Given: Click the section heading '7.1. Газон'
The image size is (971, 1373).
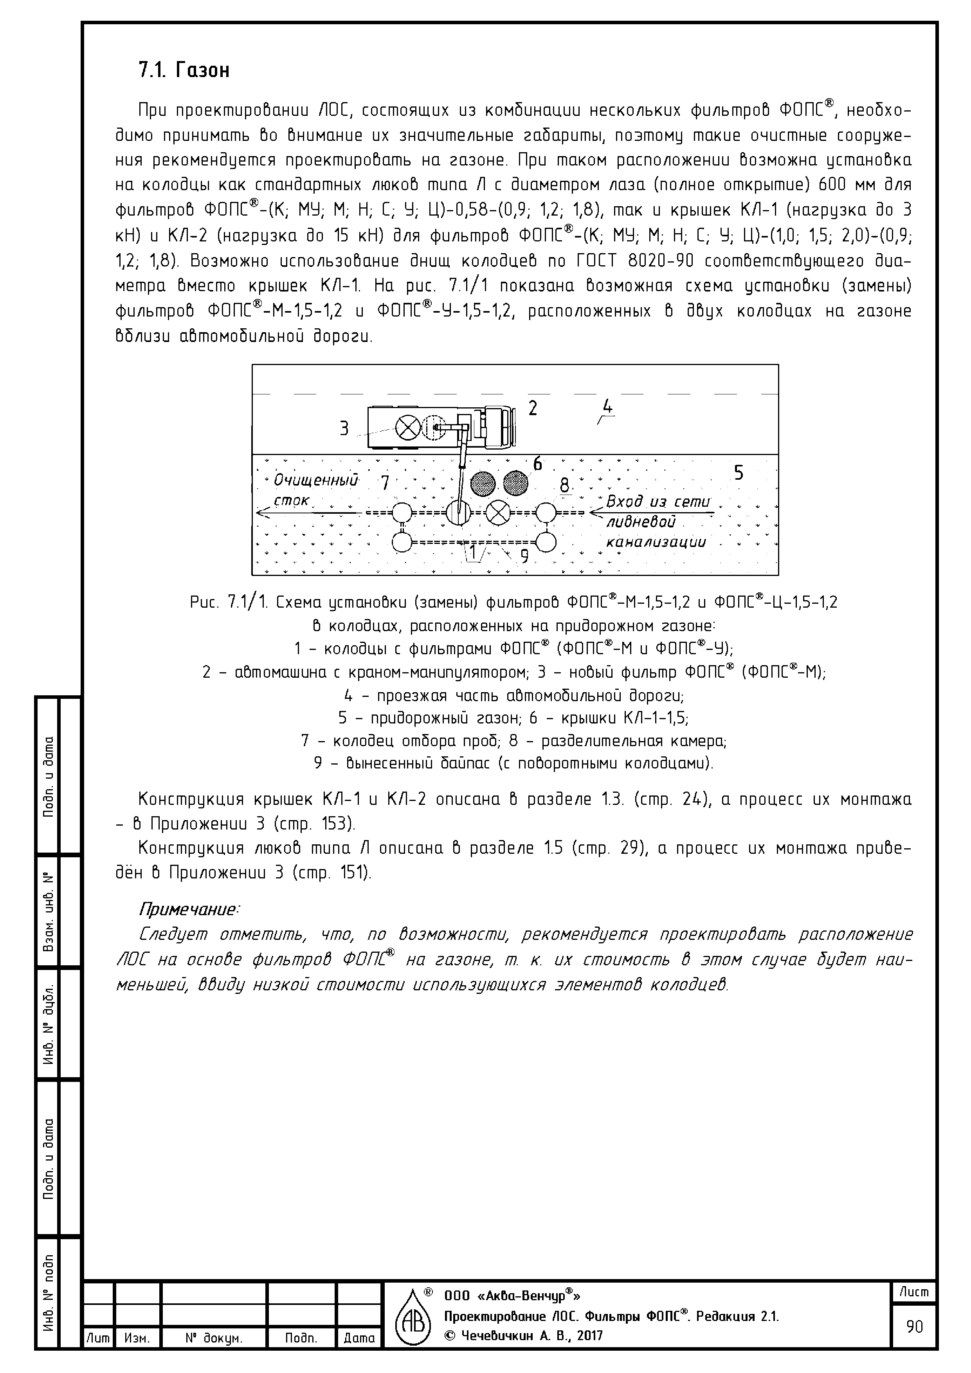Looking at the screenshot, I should tap(184, 70).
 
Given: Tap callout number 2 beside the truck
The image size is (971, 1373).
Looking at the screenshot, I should tap(532, 408).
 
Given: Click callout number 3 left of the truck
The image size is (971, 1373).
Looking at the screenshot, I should tap(344, 428).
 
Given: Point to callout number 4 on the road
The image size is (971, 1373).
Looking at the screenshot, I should tap(608, 407).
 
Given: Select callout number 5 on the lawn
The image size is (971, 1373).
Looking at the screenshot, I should tap(739, 473).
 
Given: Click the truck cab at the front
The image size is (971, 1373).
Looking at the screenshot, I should tap(499, 428).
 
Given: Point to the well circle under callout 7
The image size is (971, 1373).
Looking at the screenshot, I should tap(402, 513).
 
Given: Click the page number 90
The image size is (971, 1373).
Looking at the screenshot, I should tap(914, 1327).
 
